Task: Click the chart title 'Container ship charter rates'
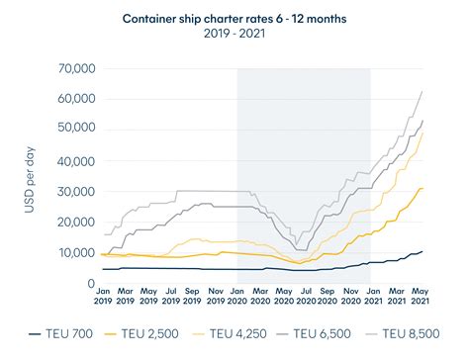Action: click(234, 18)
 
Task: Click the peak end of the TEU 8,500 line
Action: click(423, 91)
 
